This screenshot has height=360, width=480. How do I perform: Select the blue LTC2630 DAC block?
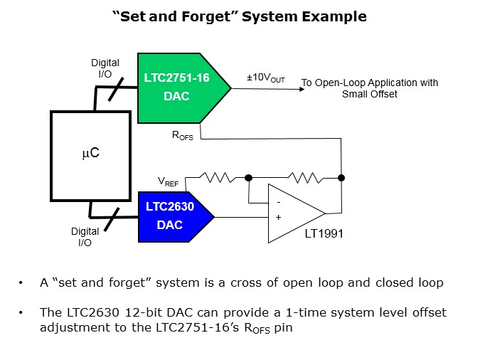[x=171, y=216]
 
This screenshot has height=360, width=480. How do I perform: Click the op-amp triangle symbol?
[x=292, y=212]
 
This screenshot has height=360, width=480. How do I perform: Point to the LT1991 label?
[x=323, y=232]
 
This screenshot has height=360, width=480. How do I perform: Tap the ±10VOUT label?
[x=265, y=79]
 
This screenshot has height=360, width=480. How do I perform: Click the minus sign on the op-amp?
[x=277, y=202]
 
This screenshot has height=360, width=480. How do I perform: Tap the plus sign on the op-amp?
[x=277, y=217]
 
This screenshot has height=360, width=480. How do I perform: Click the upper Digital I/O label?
[x=105, y=68]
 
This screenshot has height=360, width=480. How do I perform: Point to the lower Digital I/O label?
[x=85, y=236]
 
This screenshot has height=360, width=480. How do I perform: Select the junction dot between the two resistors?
[x=249, y=177]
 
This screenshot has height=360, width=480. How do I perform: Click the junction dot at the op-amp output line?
[x=341, y=177]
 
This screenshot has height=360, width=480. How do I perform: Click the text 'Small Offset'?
[x=369, y=94]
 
